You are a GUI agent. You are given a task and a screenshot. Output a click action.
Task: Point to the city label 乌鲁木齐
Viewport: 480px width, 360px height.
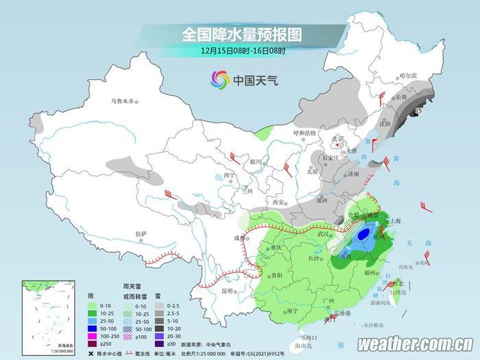pos(123,101)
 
